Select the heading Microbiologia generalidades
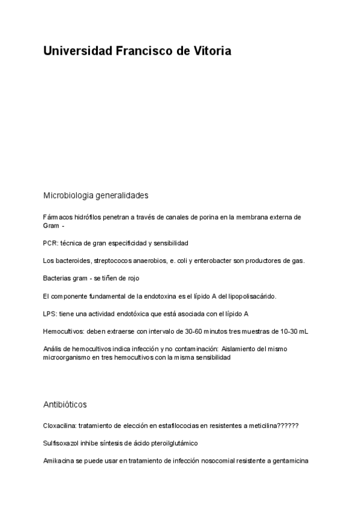click(x=96, y=196)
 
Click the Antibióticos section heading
click(x=65, y=405)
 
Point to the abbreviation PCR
click(x=50, y=243)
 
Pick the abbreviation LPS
click(x=50, y=314)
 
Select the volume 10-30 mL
click(x=295, y=331)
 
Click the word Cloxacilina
click(x=60, y=426)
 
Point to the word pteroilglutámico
click(x=175, y=443)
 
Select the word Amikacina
click(x=59, y=461)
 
